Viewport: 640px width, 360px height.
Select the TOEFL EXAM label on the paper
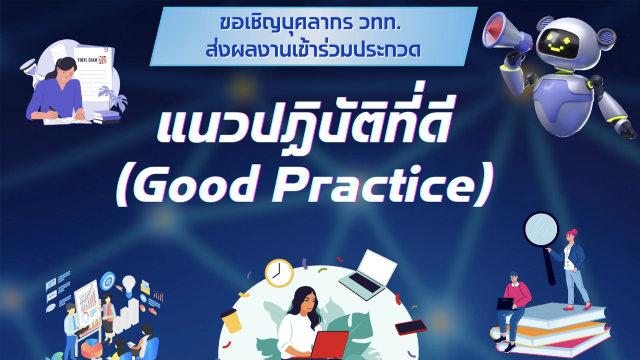(x=87, y=60)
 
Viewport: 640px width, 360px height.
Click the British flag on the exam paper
(x=102, y=60)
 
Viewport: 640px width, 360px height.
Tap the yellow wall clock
(x=279, y=273)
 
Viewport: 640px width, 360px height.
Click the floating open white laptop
(x=368, y=274)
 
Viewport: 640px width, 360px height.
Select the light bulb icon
(x=128, y=283)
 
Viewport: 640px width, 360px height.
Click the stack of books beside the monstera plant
(x=106, y=117)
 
